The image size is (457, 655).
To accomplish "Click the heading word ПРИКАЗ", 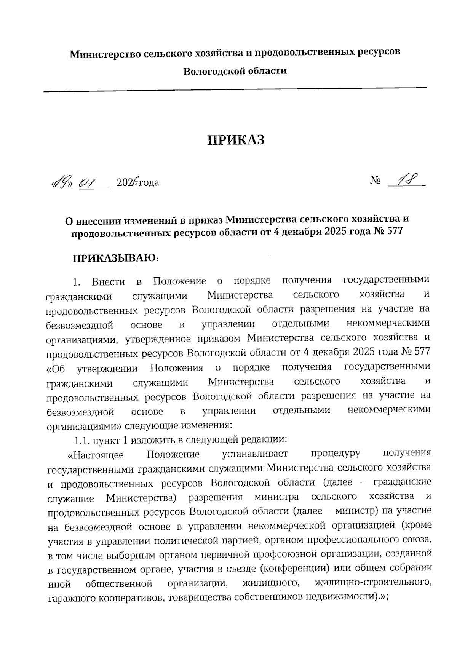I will click(236, 140).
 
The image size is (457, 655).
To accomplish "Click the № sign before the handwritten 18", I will click(375, 181).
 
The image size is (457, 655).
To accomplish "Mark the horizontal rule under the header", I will click(235, 89).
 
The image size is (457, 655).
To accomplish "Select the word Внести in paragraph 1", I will click(109, 282).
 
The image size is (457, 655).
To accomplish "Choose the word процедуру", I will click(335, 454).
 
